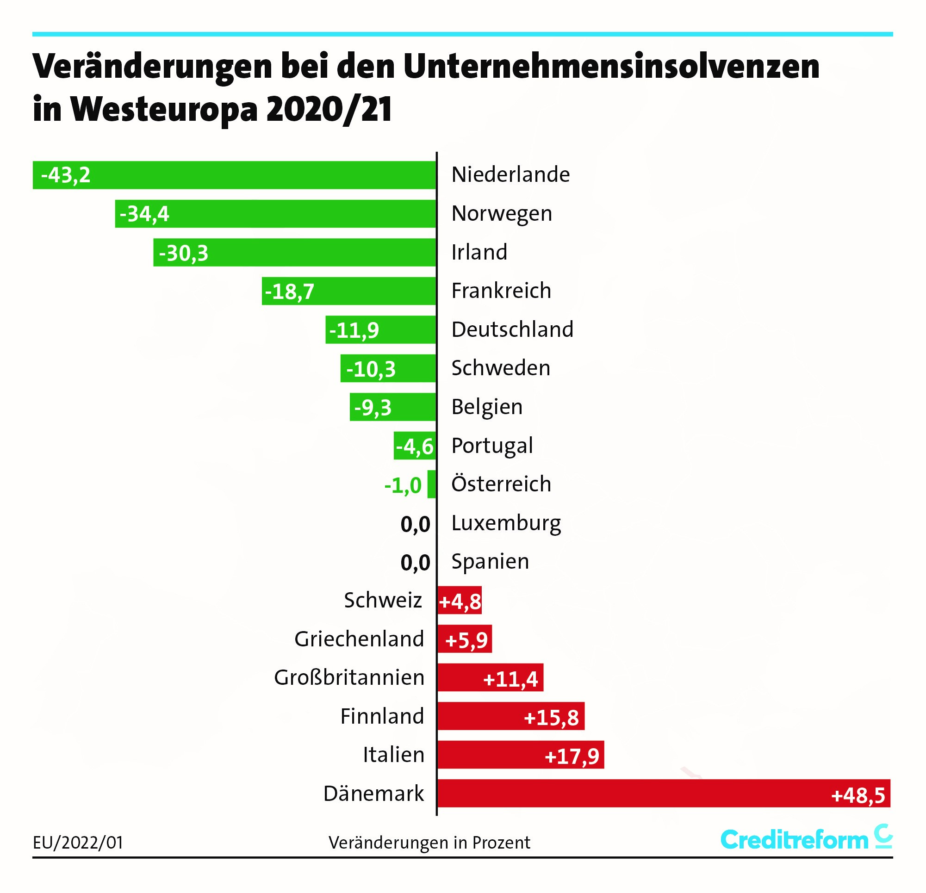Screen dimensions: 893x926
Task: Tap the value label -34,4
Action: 144,214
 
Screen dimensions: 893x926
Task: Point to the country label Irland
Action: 479,252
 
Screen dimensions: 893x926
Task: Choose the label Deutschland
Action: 512,329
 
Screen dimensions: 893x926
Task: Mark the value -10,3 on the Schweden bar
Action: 371,369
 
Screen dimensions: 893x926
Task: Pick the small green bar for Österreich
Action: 431,484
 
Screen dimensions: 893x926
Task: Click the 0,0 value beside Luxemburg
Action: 415,524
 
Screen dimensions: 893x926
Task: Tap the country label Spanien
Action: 490,562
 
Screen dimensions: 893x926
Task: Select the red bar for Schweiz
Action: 460,601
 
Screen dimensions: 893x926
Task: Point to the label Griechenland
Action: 359,639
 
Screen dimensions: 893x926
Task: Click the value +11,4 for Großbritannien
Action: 510,679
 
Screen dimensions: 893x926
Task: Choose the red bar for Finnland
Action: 511,716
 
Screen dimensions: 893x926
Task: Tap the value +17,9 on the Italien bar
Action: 572,756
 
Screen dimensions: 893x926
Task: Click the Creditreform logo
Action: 806,840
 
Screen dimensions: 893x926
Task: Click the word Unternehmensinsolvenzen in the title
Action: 611,66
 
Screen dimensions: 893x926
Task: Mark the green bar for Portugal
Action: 414,446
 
